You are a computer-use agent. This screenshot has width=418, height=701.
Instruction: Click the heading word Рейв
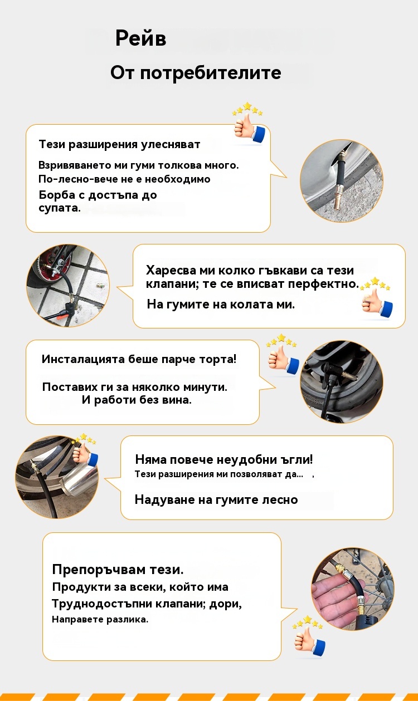click(x=140, y=38)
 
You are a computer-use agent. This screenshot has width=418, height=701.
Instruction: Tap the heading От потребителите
click(x=196, y=73)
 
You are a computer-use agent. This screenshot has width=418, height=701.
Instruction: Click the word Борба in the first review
click(x=57, y=195)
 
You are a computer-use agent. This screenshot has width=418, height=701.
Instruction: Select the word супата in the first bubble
click(x=60, y=208)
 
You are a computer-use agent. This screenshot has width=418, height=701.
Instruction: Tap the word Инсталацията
click(x=83, y=359)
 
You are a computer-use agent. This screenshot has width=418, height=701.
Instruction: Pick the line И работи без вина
click(x=137, y=400)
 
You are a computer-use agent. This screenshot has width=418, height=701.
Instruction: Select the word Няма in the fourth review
click(x=150, y=459)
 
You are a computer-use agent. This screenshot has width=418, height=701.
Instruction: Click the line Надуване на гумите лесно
click(x=216, y=499)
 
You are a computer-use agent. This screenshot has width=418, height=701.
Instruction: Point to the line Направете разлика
click(x=100, y=619)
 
